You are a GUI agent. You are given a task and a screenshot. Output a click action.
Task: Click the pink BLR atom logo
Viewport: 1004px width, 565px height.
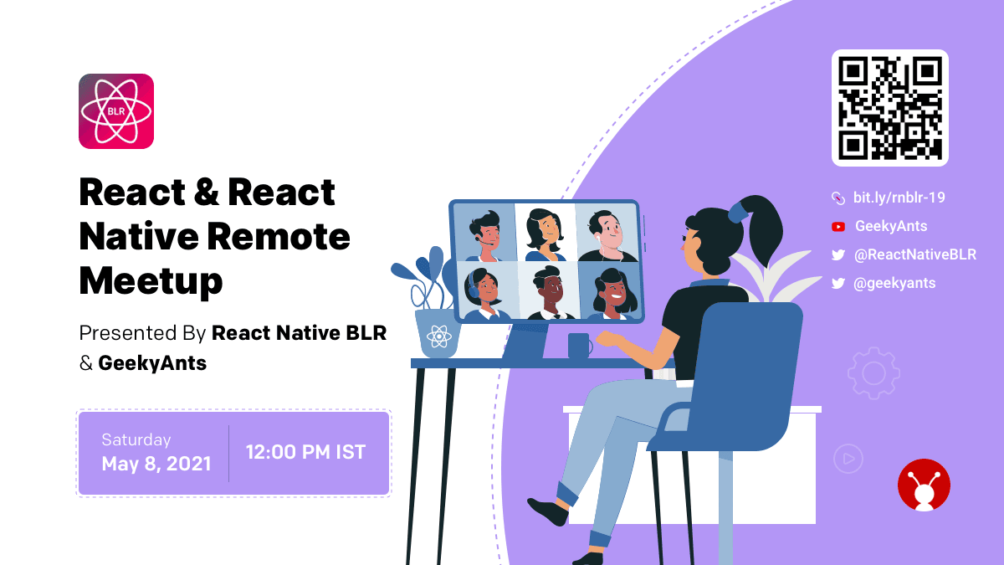pos(116,111)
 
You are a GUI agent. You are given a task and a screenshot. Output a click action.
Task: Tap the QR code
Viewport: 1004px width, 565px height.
pos(889,108)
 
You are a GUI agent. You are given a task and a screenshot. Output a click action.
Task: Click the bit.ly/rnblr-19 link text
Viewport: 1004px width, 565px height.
pos(899,198)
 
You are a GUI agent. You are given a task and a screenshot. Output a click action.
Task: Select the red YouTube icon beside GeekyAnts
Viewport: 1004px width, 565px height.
pos(838,227)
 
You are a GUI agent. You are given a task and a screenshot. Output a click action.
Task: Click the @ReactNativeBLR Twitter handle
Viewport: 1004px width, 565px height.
pos(914,254)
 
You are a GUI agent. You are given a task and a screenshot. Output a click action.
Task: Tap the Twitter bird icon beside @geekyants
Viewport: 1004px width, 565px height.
pos(838,284)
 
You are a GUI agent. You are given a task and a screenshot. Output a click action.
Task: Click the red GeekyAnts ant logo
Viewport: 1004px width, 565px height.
pos(924,485)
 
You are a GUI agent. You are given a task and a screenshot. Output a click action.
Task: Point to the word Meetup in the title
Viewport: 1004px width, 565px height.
pos(151,281)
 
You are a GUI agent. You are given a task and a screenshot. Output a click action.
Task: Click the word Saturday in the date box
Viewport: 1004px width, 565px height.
pos(136,440)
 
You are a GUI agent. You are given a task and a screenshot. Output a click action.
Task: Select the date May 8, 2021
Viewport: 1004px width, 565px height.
pos(156,464)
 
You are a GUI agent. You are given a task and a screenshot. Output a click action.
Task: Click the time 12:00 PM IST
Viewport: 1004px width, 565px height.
pos(305,452)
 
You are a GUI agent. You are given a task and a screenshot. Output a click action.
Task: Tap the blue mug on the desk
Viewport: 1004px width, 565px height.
pos(580,346)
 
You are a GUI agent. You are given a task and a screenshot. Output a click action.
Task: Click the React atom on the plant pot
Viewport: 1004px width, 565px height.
pos(438,336)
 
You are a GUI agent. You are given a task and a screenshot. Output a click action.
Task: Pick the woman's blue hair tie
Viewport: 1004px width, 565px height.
pos(738,212)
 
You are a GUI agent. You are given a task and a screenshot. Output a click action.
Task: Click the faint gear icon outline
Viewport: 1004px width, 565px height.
pos(873,373)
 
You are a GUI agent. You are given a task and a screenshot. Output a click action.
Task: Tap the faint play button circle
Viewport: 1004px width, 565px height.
pos(848,459)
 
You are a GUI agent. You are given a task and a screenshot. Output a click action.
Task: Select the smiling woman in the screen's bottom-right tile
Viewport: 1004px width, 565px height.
pos(612,293)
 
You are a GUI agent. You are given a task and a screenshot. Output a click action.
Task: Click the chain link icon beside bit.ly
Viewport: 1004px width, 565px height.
pos(838,198)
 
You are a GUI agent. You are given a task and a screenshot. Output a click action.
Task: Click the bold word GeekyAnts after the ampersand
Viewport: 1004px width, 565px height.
pos(152,363)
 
